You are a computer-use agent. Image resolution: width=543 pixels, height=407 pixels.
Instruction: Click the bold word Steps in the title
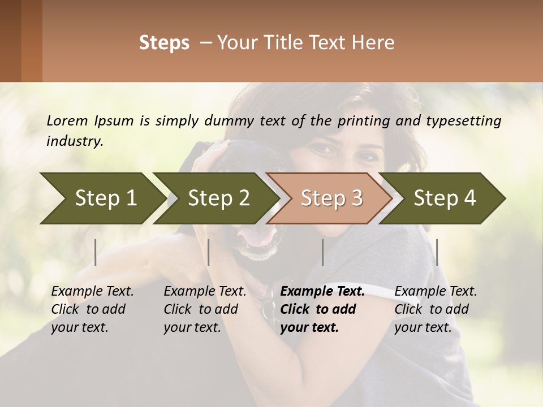click(x=164, y=43)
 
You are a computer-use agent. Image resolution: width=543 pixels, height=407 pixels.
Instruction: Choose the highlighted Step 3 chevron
click(x=331, y=198)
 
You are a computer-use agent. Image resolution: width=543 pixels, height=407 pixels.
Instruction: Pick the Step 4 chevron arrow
click(x=445, y=198)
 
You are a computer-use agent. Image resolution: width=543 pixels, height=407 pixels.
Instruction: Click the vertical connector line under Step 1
click(x=96, y=252)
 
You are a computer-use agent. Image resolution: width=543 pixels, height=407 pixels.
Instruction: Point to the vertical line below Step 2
click(x=209, y=252)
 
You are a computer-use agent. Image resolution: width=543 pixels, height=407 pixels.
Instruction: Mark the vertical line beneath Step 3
click(x=322, y=252)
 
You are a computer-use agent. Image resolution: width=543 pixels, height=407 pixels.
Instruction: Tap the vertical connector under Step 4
click(x=437, y=252)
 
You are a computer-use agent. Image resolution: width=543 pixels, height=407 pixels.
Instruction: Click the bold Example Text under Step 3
click(x=322, y=292)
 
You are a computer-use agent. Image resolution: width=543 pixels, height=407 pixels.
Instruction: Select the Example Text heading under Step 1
click(x=92, y=292)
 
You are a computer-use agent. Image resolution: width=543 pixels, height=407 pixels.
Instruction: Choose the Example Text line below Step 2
click(x=205, y=292)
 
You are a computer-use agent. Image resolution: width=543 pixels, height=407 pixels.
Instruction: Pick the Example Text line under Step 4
click(x=436, y=292)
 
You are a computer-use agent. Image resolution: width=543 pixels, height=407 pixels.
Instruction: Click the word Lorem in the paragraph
click(x=67, y=120)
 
